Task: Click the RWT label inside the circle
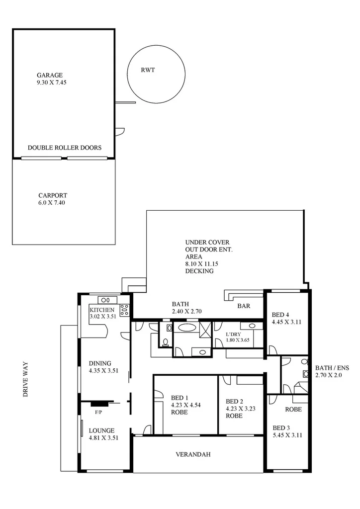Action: [148, 70]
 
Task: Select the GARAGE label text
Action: [49, 75]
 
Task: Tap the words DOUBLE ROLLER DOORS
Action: [65, 148]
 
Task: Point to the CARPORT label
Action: [52, 195]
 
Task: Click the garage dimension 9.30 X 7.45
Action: [51, 83]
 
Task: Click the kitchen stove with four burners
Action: [124, 310]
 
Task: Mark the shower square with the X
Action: [205, 330]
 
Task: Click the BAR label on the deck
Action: [244, 306]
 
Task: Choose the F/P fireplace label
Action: [98, 412]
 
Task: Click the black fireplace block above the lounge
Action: [98, 403]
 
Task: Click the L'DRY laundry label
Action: [234, 334]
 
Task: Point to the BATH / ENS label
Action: [332, 368]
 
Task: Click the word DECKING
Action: [199, 271]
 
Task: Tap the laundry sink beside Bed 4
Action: [252, 326]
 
